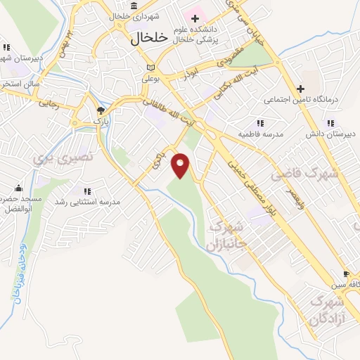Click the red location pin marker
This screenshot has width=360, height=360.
pyautogui.click(x=181, y=165)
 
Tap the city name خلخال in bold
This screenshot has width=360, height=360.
pyautogui.click(x=149, y=40)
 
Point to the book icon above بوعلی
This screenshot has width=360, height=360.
pyautogui.click(x=150, y=67)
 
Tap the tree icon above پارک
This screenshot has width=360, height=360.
pyautogui.click(x=101, y=110)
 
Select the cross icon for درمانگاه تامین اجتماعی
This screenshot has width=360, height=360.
pyautogui.click(x=300, y=89)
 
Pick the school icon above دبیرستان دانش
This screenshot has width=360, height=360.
pyautogui.click(x=330, y=122)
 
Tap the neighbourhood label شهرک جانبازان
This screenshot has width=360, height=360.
pyautogui.click(x=224, y=236)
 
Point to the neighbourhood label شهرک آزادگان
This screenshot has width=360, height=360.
pyautogui.click(x=326, y=309)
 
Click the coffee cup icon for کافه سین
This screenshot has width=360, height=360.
pyautogui.click(x=346, y=274)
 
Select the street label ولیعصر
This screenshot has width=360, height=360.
pyautogui.click(x=298, y=190)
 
